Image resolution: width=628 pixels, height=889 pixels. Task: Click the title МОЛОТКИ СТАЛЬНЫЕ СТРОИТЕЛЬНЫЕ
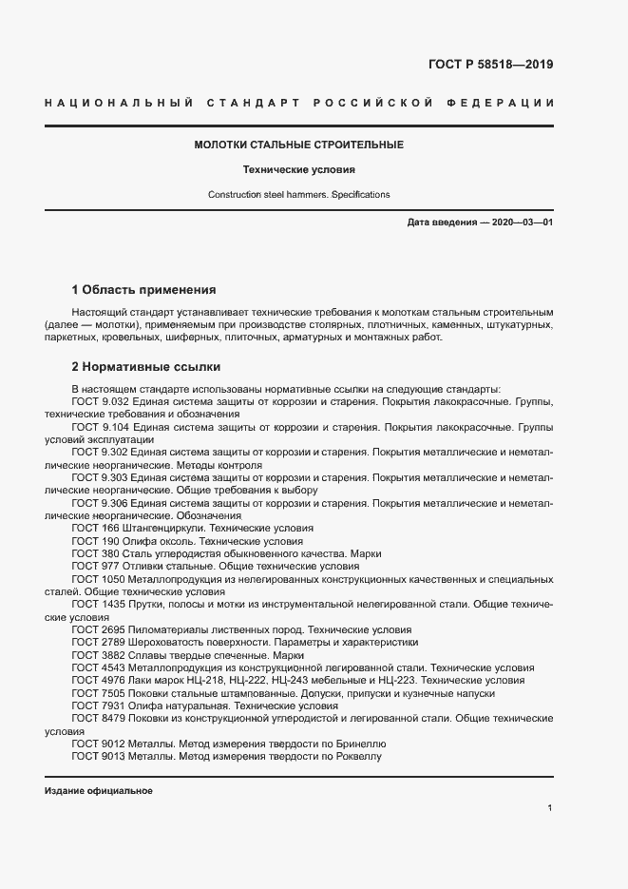299,145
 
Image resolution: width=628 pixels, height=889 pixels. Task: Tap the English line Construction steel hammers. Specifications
299,194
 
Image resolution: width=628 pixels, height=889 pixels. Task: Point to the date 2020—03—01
522,222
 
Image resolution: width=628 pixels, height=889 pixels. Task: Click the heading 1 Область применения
144,289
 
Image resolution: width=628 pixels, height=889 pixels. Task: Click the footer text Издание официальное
99,791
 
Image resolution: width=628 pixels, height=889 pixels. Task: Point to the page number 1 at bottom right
550,807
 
